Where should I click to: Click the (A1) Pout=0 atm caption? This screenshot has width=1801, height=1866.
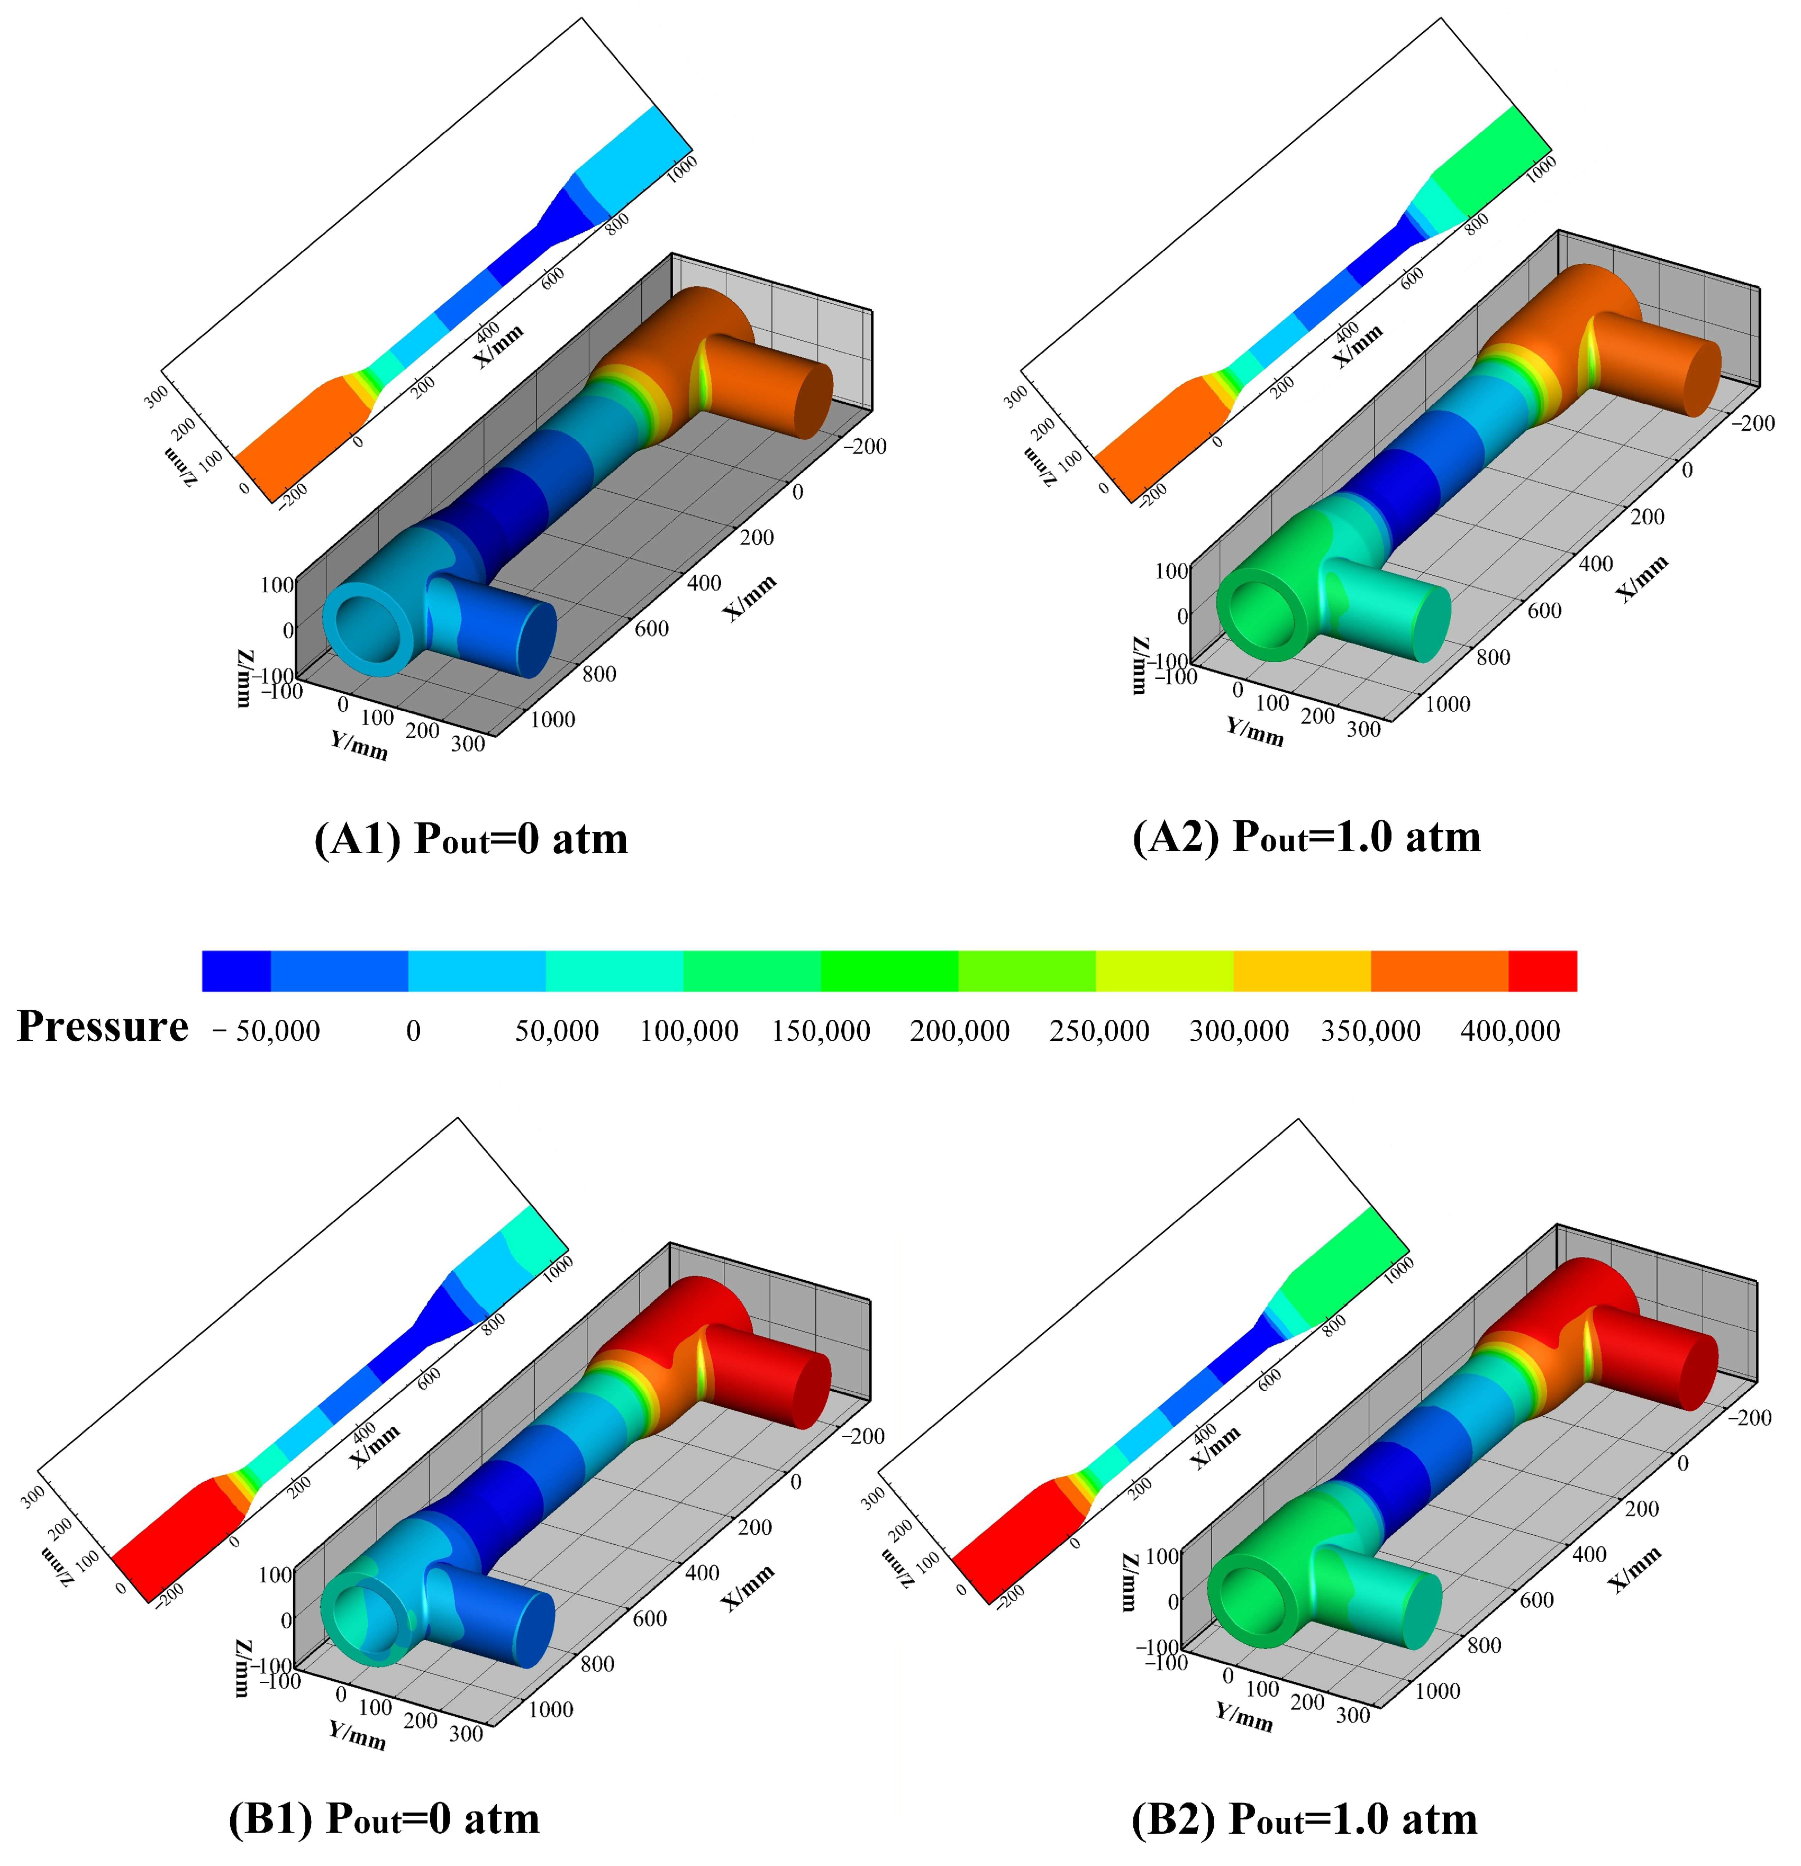pos(471,839)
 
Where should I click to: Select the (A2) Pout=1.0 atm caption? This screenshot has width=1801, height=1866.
pos(1307,837)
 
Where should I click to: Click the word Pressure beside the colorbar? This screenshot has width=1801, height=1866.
pos(103,1026)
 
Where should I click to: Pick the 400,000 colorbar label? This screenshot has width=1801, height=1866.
pos(1511,1030)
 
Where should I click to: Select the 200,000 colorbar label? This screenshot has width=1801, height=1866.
pos(960,1030)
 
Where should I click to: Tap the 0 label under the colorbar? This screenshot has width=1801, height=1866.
pos(413,1030)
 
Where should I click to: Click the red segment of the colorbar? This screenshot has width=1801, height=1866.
pos(1542,970)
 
